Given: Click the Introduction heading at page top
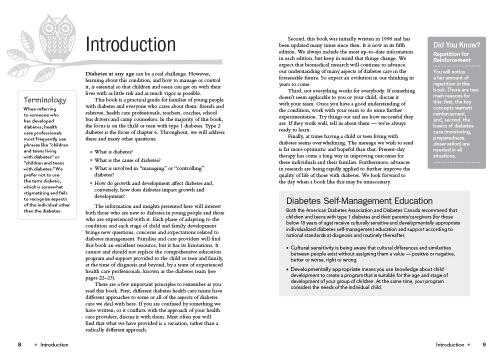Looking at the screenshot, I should pyautogui.click(x=130, y=44).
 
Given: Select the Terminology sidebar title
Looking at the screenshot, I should pyautogui.click(x=45, y=100).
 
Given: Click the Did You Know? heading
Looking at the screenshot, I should pyautogui.click(x=456, y=45).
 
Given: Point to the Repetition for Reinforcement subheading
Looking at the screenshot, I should pyautogui.click(x=451, y=57).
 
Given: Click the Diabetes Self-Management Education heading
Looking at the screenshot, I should pyautogui.click(x=359, y=201).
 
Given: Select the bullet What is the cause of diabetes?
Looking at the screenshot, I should pyautogui.click(x=127, y=160).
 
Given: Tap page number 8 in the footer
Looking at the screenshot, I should pyautogui.click(x=19, y=344).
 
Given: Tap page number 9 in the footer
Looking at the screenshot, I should pyautogui.click(x=484, y=344).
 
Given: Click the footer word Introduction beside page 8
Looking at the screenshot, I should pyautogui.click(x=54, y=344).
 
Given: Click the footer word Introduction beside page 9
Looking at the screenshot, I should pyautogui.click(x=450, y=344).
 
